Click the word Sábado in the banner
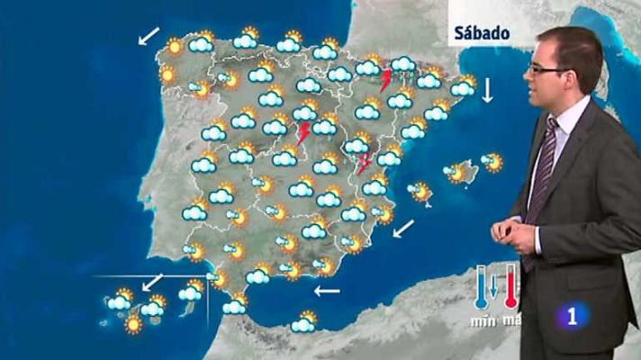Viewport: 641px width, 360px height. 482,32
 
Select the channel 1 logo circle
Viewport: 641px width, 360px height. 572,317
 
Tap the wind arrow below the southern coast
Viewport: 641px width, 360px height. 327,291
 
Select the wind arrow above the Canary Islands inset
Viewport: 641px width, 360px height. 153,281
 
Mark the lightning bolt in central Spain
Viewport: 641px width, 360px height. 304,134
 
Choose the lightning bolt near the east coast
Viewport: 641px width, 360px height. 365,163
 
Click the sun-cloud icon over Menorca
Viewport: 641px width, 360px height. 492,162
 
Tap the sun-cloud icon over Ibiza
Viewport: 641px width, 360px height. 420,191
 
